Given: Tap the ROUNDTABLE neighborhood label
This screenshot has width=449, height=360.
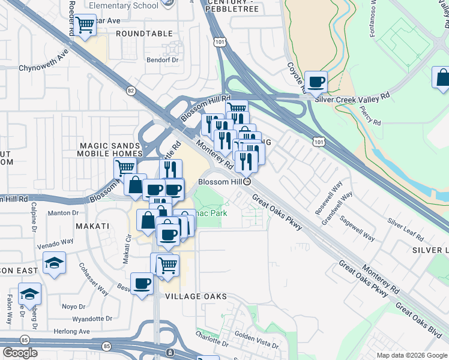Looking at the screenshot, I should tap(144, 34).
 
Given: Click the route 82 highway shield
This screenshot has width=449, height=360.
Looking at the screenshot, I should tap(131, 90).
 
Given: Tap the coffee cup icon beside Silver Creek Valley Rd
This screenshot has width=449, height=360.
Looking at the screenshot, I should tap(316, 82).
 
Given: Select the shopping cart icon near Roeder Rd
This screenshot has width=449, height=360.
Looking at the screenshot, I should tap(85, 25).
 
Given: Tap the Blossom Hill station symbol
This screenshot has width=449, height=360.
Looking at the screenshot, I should tap(247, 181).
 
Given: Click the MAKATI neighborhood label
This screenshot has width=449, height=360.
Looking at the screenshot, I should tap(92, 226).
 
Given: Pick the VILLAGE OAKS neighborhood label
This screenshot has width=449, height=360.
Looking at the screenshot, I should tap(188, 296).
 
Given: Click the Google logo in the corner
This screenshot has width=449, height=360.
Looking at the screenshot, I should tap(20, 353).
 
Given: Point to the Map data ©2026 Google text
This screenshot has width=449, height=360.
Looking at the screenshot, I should tap(411, 355).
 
